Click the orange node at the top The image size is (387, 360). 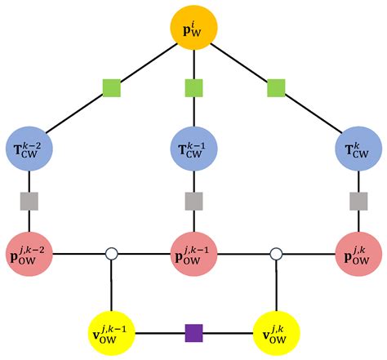point(193,28)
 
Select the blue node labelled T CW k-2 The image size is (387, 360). point(29,149)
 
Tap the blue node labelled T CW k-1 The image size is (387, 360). point(193,149)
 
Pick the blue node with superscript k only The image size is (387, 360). point(358,149)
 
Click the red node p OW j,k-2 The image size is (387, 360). point(29,254)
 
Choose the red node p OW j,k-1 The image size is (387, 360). point(193,254)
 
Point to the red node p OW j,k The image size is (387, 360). point(358,254)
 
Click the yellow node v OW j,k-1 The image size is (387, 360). point(112,333)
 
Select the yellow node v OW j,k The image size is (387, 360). point(277,333)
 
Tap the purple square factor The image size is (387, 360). point(193,333)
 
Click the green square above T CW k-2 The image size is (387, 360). point(112,88)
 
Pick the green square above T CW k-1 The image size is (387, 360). point(193,88)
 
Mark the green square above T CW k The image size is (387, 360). point(276,88)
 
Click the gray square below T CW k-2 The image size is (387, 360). point(29,201)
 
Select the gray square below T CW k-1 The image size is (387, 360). point(193,201)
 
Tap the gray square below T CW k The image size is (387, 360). point(358,201)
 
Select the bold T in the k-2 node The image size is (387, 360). point(18,149)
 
